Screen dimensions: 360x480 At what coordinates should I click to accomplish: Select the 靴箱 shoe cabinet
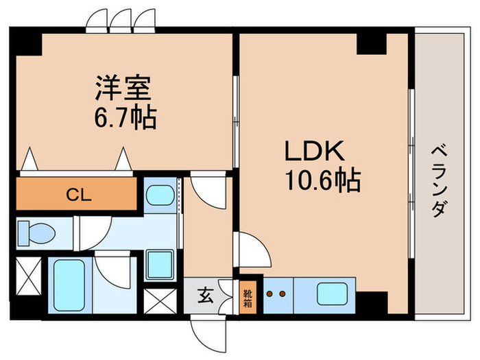[248, 296]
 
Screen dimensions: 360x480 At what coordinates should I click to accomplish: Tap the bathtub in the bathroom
[68, 285]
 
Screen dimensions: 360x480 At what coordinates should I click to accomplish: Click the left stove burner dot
[269, 293]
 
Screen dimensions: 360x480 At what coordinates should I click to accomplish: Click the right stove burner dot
[281, 293]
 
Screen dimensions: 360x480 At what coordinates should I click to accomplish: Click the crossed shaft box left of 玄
[161, 298]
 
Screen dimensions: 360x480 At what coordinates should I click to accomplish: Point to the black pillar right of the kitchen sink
[372, 302]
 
